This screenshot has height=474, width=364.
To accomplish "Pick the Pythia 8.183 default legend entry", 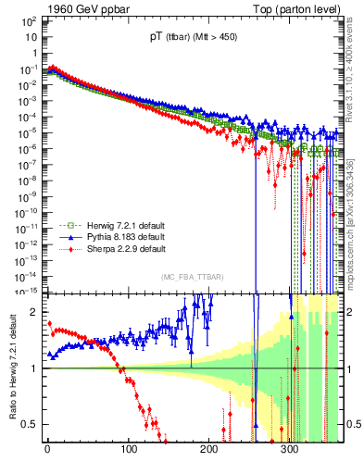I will click(102, 238).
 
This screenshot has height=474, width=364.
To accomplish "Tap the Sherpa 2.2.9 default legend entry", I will click(102, 249).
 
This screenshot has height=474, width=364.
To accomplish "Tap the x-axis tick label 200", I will click(208, 452).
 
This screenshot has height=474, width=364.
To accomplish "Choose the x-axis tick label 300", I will click(289, 452).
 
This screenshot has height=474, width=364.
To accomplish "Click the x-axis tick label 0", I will click(47, 452).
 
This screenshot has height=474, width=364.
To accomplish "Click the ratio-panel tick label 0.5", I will click(31, 424).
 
